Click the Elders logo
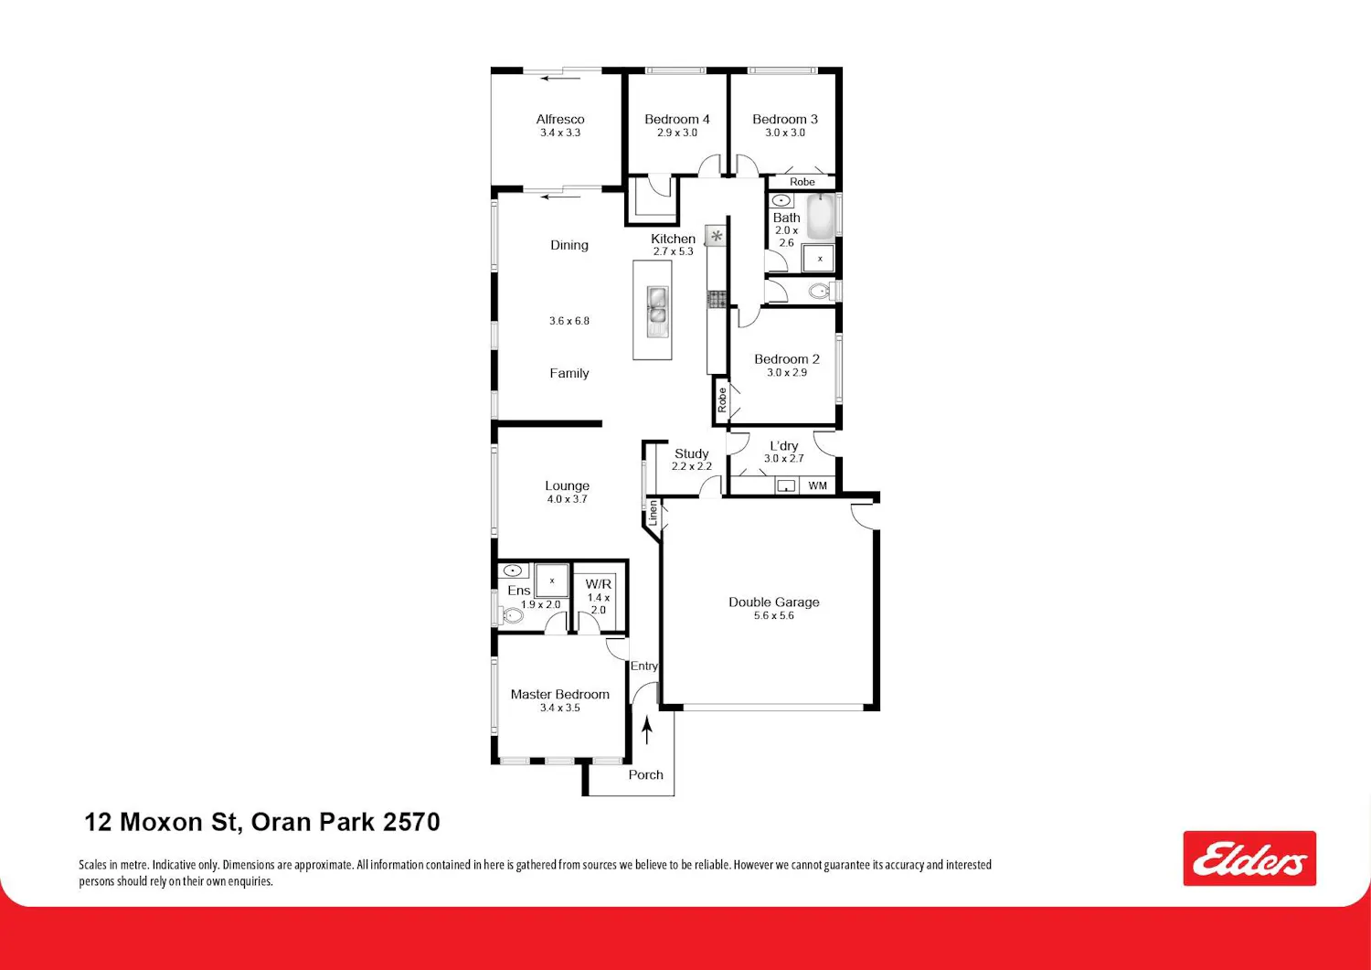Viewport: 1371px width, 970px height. pos(1249,858)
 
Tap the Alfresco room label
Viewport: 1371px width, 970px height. pos(560,120)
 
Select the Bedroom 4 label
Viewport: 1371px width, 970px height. pos(677,120)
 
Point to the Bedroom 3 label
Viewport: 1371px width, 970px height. pos(784,120)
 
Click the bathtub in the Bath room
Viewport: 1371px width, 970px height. pos(821,216)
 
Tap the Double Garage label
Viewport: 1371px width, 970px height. pos(773,602)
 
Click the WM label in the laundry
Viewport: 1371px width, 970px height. pos(818,485)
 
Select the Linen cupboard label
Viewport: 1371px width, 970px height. pos(654,513)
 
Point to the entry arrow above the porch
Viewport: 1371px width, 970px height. pos(647,731)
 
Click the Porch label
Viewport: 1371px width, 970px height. pos(645,774)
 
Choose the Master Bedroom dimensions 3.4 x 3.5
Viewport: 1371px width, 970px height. pos(560,708)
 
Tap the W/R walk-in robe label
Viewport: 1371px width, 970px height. pos(598,584)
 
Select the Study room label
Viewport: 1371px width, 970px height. pos(692,453)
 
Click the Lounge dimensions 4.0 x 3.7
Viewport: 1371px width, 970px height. pos(568,499)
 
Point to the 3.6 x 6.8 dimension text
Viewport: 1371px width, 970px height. pos(569,321)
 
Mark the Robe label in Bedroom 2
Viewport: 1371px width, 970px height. pos(722,400)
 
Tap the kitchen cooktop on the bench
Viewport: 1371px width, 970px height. pos(717,299)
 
